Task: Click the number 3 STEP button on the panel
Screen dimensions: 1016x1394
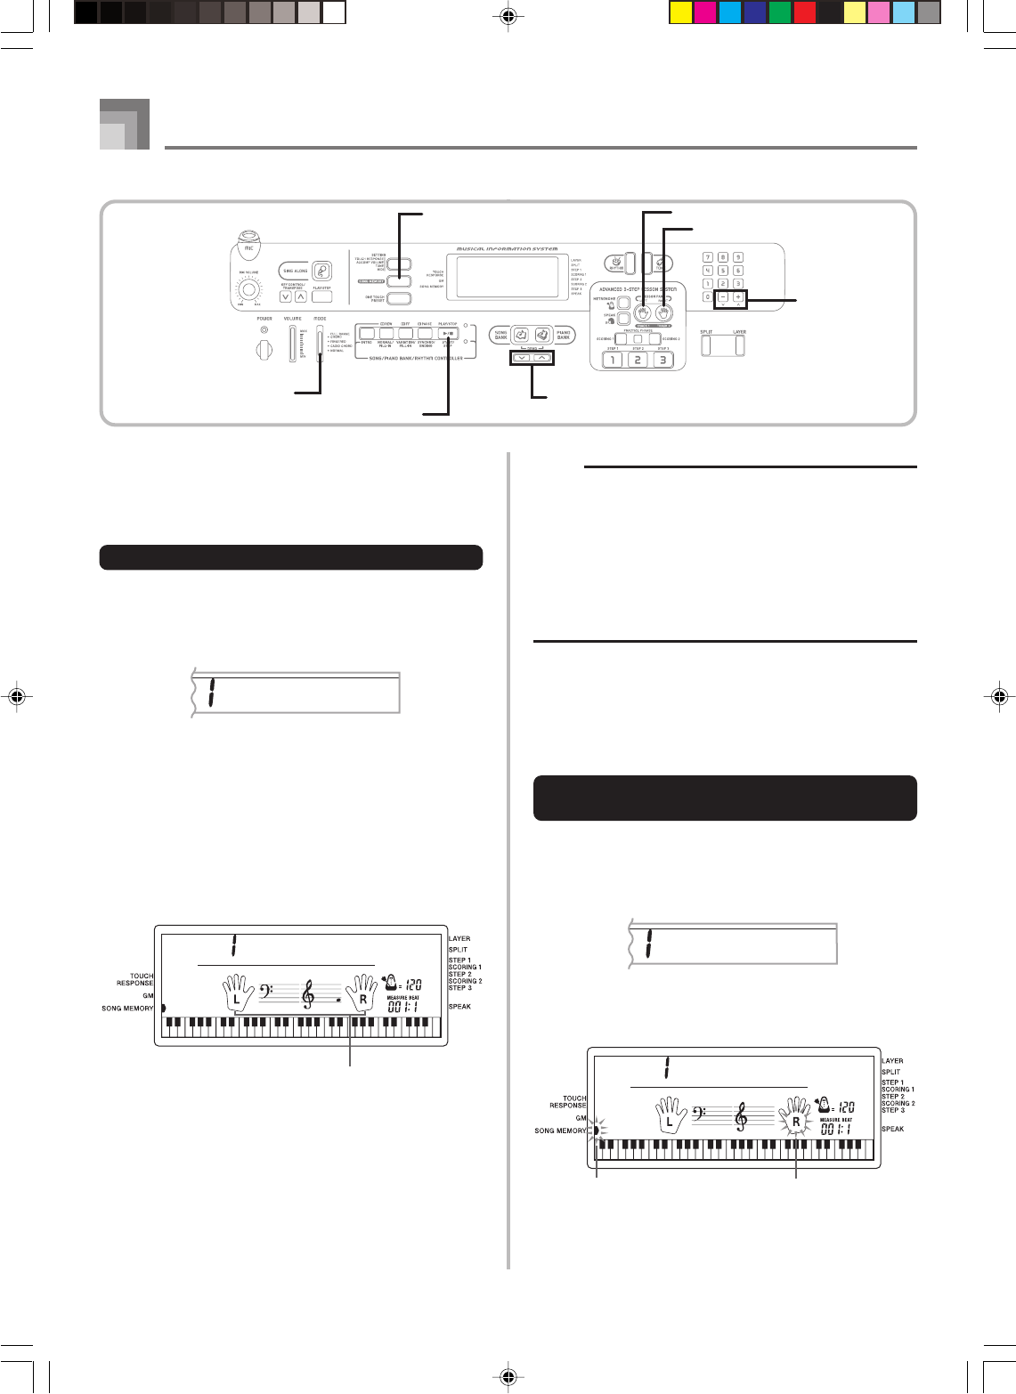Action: pyautogui.click(x=661, y=361)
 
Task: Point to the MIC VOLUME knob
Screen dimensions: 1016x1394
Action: pyautogui.click(x=249, y=290)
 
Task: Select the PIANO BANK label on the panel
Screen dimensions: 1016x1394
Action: pyautogui.click(x=563, y=335)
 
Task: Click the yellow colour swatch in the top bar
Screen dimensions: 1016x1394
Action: pyautogui.click(x=679, y=12)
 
